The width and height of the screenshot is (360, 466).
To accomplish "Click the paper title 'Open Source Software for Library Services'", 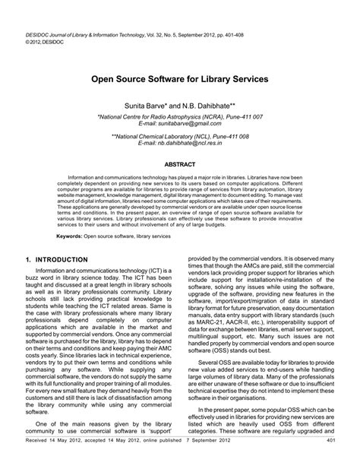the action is pos(180,78).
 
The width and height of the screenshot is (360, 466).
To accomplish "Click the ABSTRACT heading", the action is pos(180,164).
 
